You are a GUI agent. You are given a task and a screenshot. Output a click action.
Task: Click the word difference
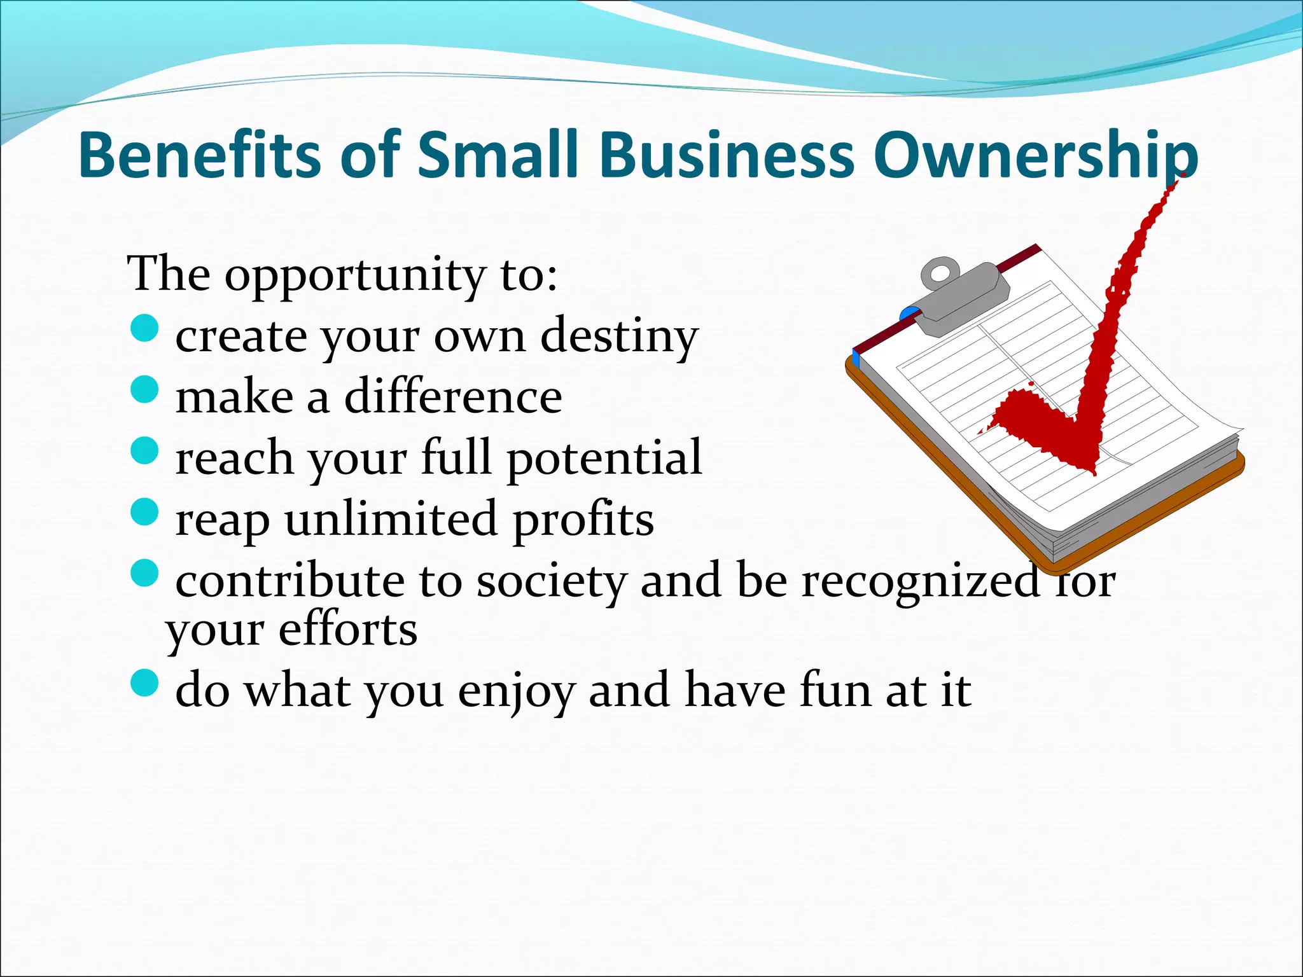pyautogui.click(x=453, y=397)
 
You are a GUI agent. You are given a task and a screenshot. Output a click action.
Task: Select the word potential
pyautogui.click(x=604, y=458)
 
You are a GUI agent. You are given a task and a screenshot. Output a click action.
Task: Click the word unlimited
pyautogui.click(x=390, y=519)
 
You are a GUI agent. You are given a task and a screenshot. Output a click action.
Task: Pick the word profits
pyautogui.click(x=583, y=520)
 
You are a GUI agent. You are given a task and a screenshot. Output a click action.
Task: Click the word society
pyautogui.click(x=551, y=581)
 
